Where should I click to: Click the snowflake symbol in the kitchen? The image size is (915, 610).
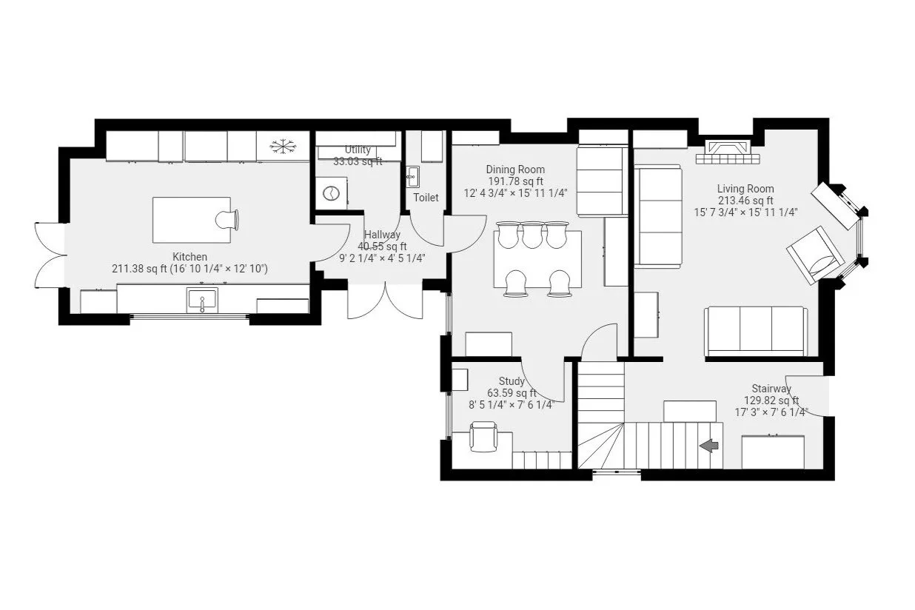pyautogui.click(x=283, y=147)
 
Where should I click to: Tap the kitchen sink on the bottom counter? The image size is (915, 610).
pyautogui.click(x=202, y=300)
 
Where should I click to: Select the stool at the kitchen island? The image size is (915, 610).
pyautogui.click(x=227, y=220)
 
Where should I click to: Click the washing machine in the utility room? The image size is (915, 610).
pyautogui.click(x=331, y=193)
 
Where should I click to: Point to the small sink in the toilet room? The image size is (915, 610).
pyautogui.click(x=412, y=176)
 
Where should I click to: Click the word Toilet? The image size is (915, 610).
pyautogui.click(x=426, y=198)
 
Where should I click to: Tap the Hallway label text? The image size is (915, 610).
pyautogui.click(x=382, y=235)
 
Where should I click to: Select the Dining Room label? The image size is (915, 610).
pyautogui.click(x=515, y=169)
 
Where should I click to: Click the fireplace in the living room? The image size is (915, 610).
pyautogui.click(x=728, y=152)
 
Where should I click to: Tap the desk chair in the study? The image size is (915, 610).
pyautogui.click(x=483, y=436)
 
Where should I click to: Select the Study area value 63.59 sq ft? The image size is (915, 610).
pyautogui.click(x=512, y=393)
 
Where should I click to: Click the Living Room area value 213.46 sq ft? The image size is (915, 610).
pyautogui.click(x=745, y=201)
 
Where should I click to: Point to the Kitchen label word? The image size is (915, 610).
pyautogui.click(x=190, y=257)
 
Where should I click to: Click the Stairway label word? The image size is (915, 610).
pyautogui.click(x=771, y=388)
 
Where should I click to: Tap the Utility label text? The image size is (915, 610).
pyautogui.click(x=358, y=150)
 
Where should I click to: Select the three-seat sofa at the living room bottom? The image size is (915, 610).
pyautogui.click(x=756, y=332)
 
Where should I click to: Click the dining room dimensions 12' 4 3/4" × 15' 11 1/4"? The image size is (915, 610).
pyautogui.click(x=515, y=193)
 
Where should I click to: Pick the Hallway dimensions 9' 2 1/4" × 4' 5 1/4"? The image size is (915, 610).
pyautogui.click(x=382, y=258)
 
